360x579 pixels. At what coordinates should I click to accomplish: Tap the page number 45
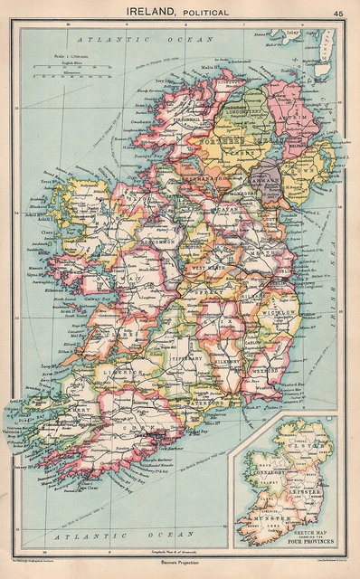coord(337,13)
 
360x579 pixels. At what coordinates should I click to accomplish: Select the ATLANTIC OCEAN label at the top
coord(144,40)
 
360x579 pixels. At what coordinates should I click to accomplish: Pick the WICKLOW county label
coord(282,312)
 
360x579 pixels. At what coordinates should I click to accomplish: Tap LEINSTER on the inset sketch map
coord(309,489)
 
